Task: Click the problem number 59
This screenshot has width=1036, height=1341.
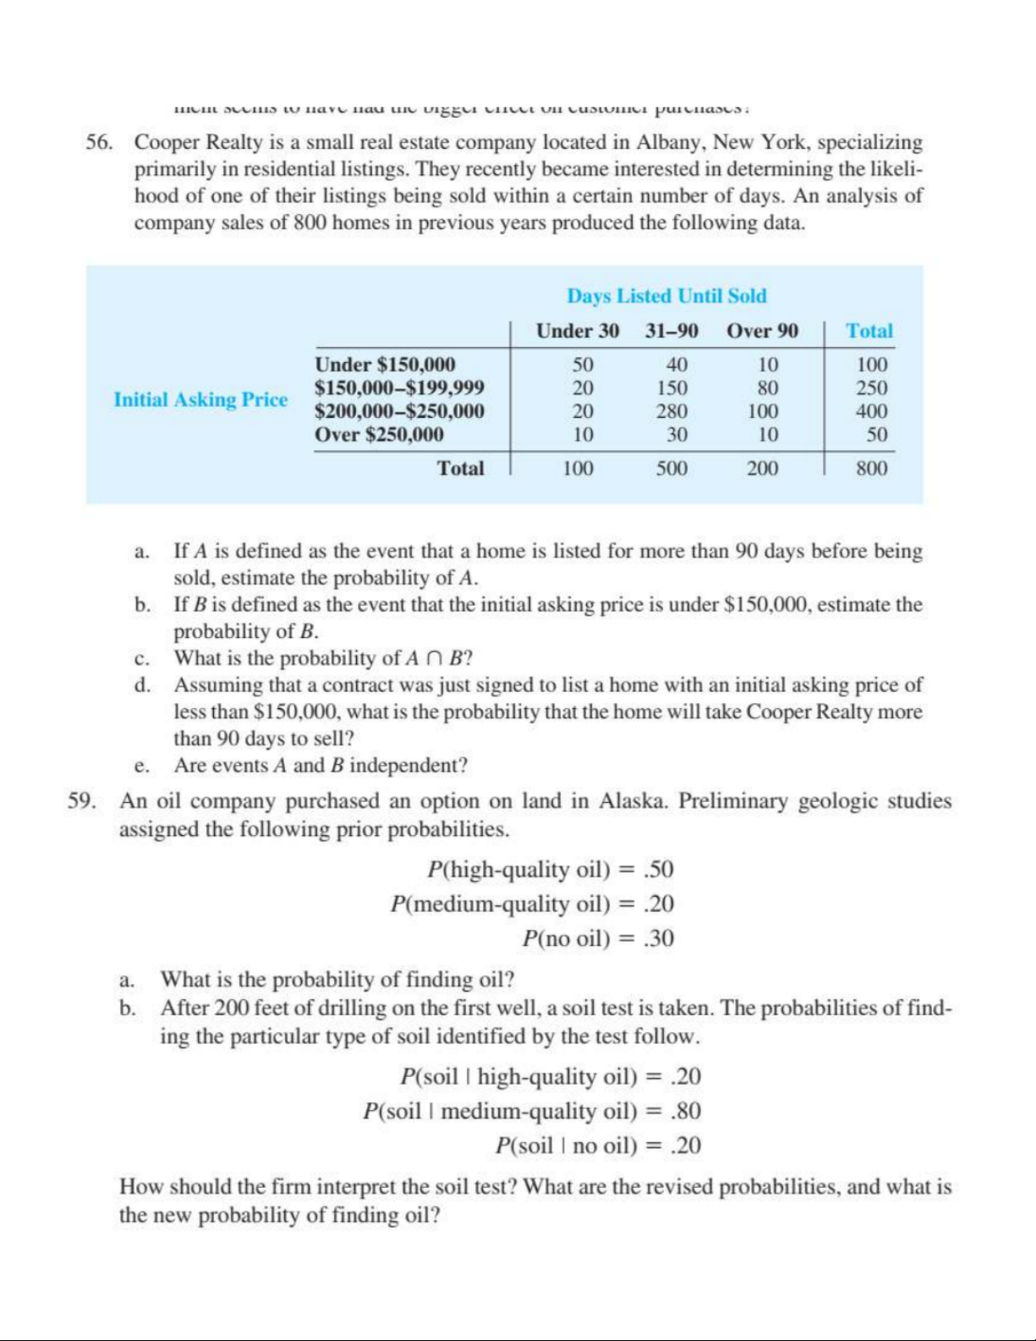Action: [81, 801]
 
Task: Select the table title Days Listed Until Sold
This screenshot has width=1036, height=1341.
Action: [666, 296]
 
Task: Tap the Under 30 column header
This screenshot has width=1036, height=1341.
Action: [578, 331]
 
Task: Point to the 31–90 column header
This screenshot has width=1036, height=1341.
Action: [671, 331]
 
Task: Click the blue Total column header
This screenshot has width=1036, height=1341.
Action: [869, 331]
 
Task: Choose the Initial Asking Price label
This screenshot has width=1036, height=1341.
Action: [200, 399]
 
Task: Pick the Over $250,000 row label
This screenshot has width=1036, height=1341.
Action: [379, 435]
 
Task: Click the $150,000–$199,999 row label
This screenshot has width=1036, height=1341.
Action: [399, 388]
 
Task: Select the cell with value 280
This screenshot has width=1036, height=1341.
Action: [672, 412]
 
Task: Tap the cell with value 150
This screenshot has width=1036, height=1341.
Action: [672, 388]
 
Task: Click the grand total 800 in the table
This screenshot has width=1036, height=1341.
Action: [871, 469]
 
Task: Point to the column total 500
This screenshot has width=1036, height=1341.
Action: [672, 469]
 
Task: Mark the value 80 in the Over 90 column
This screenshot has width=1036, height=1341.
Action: [767, 388]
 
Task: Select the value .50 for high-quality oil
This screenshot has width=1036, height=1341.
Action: [658, 870]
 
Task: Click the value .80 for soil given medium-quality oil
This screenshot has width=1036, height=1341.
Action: [685, 1111]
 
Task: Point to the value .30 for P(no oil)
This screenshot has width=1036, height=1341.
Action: [658, 938]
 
